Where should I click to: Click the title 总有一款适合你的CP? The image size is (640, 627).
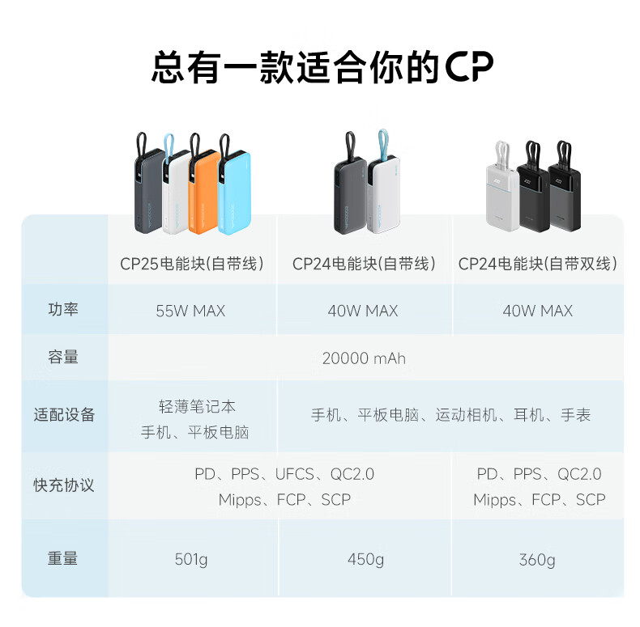pos(322,66)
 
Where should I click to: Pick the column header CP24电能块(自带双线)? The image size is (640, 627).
pos(537,264)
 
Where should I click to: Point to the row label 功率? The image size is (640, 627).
pos(64,310)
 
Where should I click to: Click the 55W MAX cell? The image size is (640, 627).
pos(190,311)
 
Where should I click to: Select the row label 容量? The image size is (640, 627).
pos(64,357)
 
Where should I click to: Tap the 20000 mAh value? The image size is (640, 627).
pos(364,358)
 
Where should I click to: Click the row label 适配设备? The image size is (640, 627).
pos(64,415)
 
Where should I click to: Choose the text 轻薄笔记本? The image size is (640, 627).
pos(197,406)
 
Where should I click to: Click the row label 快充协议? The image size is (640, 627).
pos(64,485)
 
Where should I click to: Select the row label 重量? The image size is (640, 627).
pos(64,558)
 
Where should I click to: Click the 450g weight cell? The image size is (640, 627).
pos(365,559)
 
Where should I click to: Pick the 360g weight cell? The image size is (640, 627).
pos(537,560)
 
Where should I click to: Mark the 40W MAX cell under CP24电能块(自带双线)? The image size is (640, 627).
pos(537,311)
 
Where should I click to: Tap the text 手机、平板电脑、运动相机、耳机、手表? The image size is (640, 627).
pos(450,415)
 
